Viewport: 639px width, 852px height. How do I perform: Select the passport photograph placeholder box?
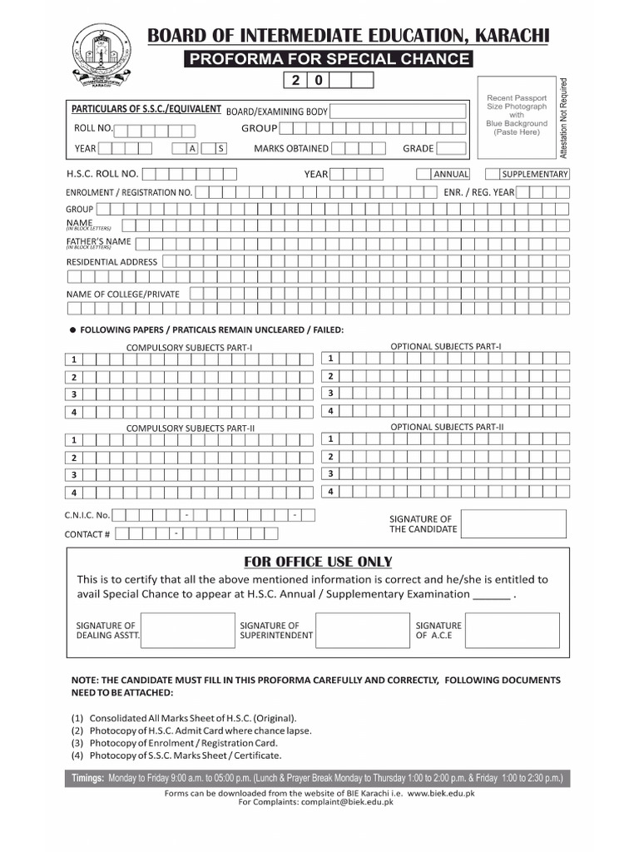click(517, 115)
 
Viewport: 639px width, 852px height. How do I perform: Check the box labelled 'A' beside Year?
click(191, 148)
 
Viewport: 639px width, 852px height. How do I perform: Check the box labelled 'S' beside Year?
click(221, 148)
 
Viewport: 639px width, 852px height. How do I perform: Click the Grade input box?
click(451, 148)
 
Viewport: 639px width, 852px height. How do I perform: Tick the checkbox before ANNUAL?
click(424, 174)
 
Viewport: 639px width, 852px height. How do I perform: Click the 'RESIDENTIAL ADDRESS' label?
click(111, 262)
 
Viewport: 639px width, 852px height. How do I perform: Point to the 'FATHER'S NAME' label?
click(98, 241)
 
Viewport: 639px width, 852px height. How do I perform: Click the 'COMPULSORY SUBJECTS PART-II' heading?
click(191, 428)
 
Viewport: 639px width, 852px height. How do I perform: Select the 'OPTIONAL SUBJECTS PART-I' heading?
click(446, 345)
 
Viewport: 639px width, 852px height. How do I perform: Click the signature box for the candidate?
click(513, 524)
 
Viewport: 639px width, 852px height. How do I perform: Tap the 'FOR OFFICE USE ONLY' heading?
click(318, 562)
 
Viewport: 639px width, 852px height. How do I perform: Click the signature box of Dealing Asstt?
click(188, 631)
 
